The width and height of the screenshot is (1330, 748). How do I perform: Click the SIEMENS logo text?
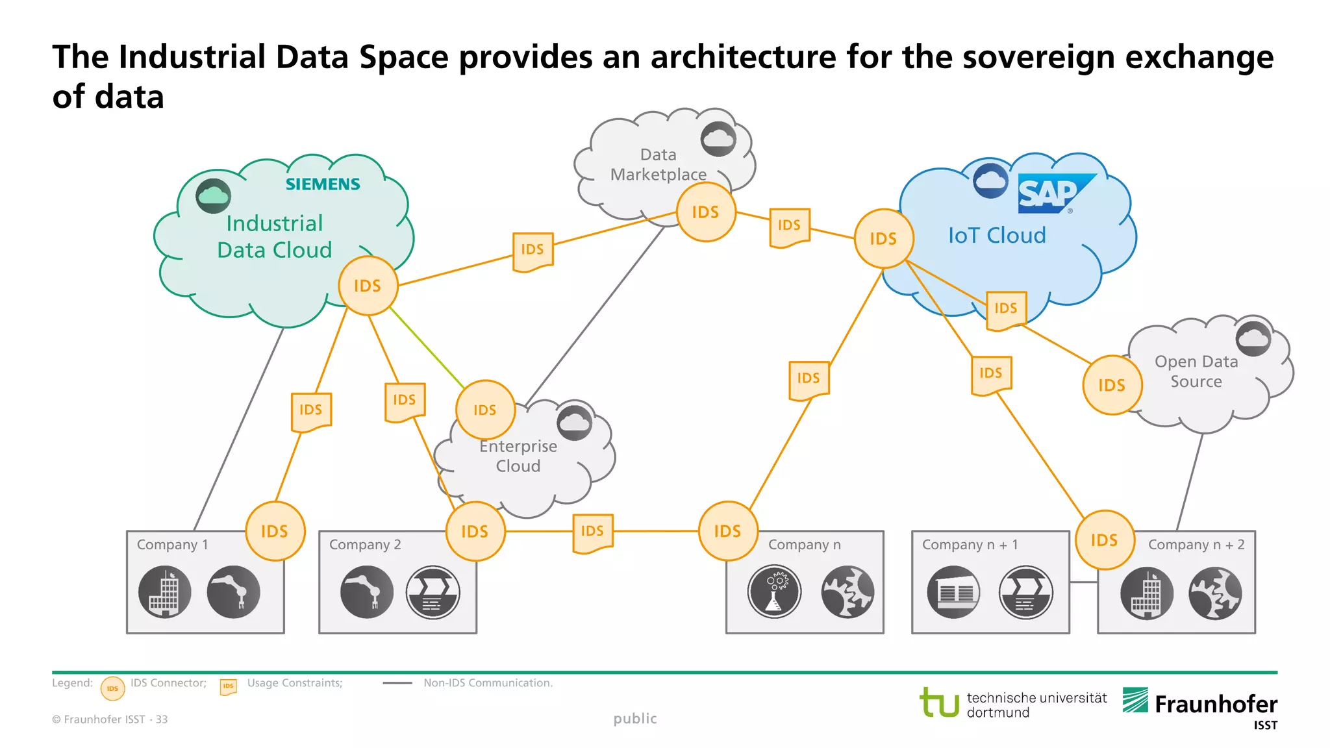click(323, 184)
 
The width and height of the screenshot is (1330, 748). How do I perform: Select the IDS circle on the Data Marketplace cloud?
click(705, 212)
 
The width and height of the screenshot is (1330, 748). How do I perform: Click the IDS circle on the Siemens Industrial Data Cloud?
click(368, 286)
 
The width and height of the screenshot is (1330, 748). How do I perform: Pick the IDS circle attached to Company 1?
click(275, 531)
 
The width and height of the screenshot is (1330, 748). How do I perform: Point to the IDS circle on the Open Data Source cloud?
click(1112, 385)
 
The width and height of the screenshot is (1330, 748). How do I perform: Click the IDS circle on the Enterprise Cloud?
click(485, 410)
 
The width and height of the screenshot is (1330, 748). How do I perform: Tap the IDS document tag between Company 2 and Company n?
click(592, 532)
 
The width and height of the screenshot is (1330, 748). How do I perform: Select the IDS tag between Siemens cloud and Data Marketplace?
click(533, 251)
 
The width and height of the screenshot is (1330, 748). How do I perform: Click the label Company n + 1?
click(970, 545)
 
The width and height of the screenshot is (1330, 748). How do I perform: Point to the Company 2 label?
click(365, 545)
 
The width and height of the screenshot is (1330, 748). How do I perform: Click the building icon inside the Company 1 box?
click(164, 592)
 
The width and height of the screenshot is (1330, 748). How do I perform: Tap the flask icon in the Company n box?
click(774, 592)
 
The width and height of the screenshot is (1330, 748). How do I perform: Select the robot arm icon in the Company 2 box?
click(366, 592)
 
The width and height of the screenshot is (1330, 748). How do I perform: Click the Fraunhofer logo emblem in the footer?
click(1135, 701)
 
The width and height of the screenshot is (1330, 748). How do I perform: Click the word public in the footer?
click(635, 719)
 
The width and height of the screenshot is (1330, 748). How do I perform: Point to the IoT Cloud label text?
click(997, 235)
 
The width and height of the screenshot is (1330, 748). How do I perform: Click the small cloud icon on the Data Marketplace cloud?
click(718, 138)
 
